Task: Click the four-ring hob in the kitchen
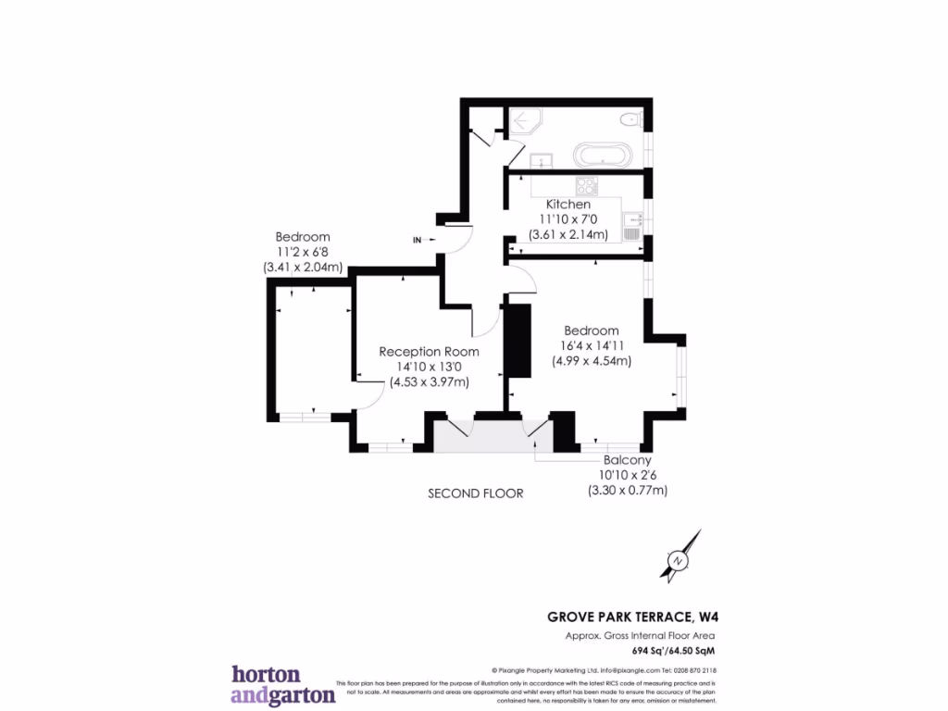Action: point(587,184)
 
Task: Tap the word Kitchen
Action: point(568,204)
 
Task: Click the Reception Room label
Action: point(429,352)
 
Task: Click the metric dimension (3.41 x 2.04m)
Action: point(303,268)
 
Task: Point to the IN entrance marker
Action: point(418,241)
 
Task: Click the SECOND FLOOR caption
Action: point(475,493)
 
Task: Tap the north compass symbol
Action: point(680,558)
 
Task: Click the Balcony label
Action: point(627,460)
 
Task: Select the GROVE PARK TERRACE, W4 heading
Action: point(630,616)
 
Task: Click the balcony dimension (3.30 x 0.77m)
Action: point(627,491)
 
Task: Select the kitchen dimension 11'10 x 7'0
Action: point(568,219)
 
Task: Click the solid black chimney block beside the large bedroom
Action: point(519,341)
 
